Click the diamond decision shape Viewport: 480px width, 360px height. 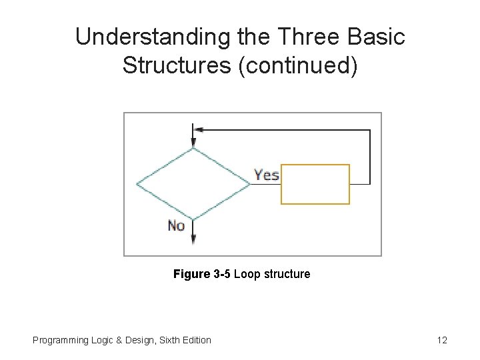pos(193,184)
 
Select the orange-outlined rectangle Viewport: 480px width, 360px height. pos(315,184)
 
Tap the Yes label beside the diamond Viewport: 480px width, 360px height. pos(267,175)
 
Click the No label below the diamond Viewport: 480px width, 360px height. pos(177,226)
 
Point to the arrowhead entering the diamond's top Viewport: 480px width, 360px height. pos(193,143)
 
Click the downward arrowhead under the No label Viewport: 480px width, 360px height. pos(193,239)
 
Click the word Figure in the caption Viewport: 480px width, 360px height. pos(191,274)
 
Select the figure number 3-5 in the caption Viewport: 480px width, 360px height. pos(222,274)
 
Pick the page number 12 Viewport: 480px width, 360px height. pos(442,341)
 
